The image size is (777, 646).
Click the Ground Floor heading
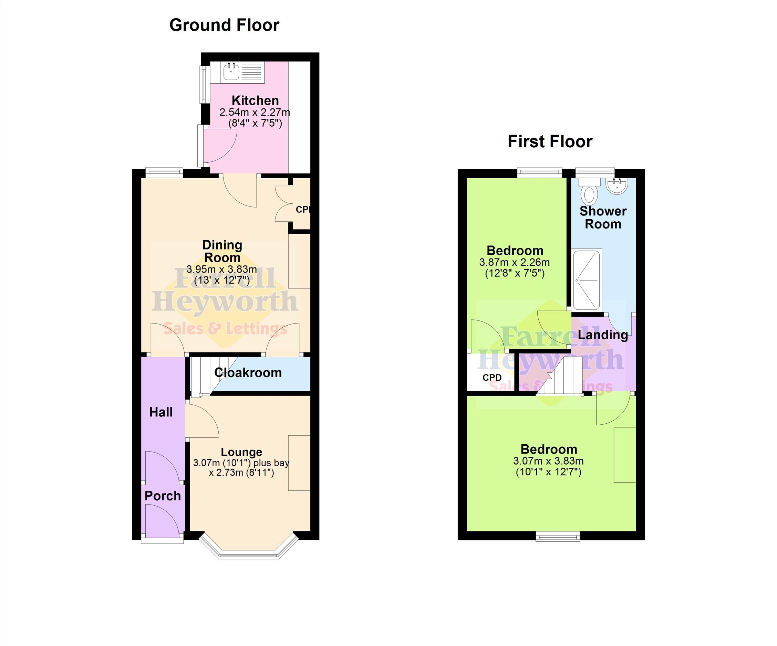pyautogui.click(x=224, y=25)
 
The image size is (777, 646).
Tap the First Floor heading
pyautogui.click(x=550, y=142)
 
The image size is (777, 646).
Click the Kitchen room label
pyautogui.click(x=255, y=100)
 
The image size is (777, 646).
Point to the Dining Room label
pyautogui.click(x=222, y=251)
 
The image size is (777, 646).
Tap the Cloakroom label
pyautogui.click(x=248, y=372)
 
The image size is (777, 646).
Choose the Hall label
pyautogui.click(x=161, y=412)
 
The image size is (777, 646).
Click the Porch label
pyautogui.click(x=163, y=496)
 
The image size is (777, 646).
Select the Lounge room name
pyautogui.click(x=242, y=452)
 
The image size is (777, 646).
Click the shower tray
pyautogui.click(x=587, y=279)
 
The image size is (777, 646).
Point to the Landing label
pyautogui.click(x=603, y=335)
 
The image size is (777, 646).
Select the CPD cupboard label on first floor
pyautogui.click(x=492, y=378)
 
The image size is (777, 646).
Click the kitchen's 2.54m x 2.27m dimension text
pyautogui.click(x=255, y=112)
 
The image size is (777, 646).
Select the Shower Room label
pyautogui.click(x=603, y=218)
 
